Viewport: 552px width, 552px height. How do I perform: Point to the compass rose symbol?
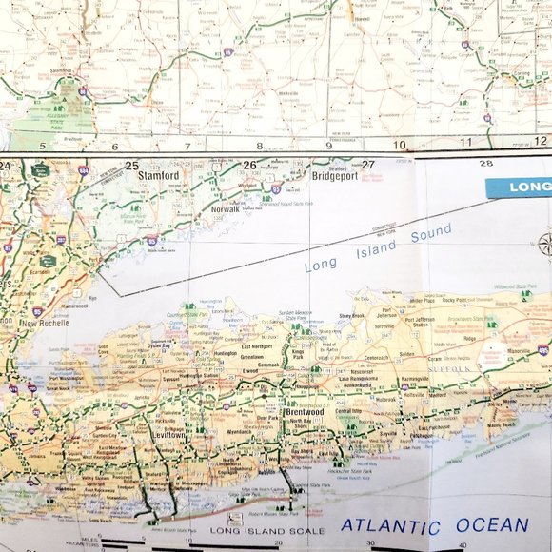pos(545,242)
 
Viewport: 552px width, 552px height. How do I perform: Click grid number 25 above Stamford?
pos(131,165)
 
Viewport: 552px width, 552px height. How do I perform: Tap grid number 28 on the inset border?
pos(486,164)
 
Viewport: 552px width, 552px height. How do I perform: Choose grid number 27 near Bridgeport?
pos(367,165)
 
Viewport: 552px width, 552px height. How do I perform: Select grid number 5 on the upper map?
pos(42,146)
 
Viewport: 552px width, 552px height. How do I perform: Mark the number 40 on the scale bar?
pos(463,544)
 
